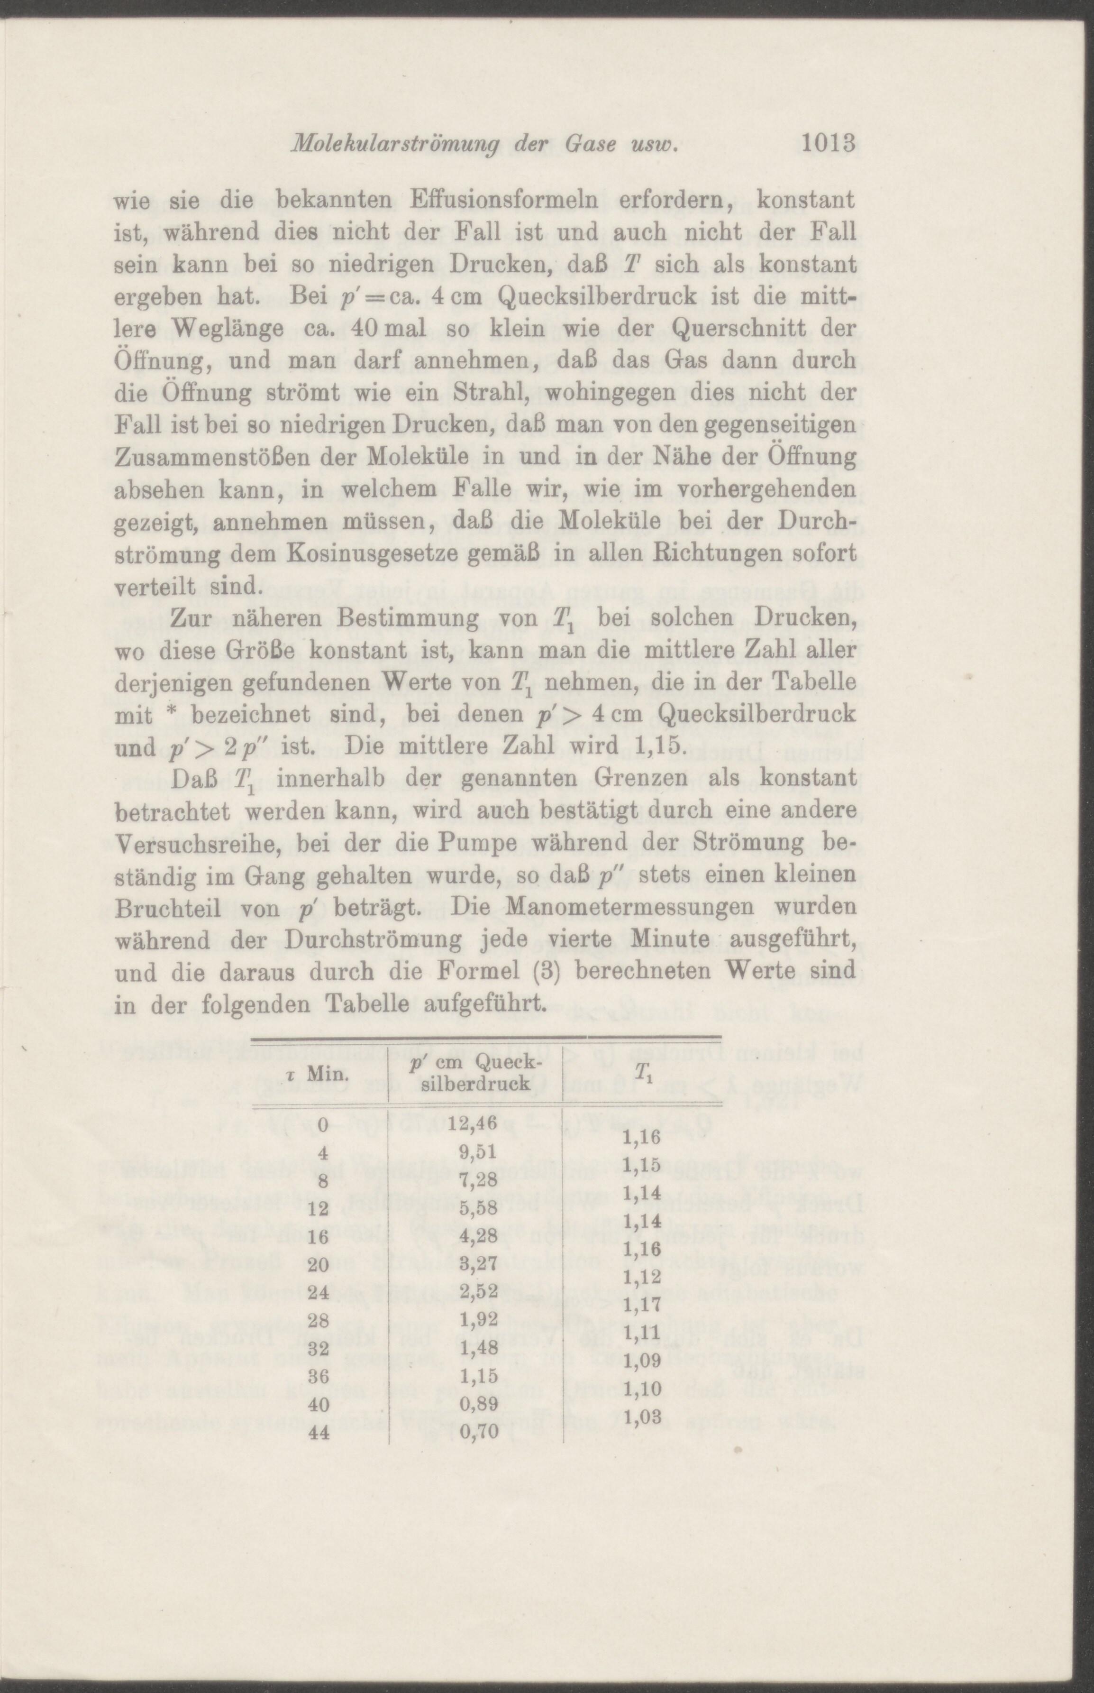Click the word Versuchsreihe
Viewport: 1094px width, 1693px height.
click(200, 843)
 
